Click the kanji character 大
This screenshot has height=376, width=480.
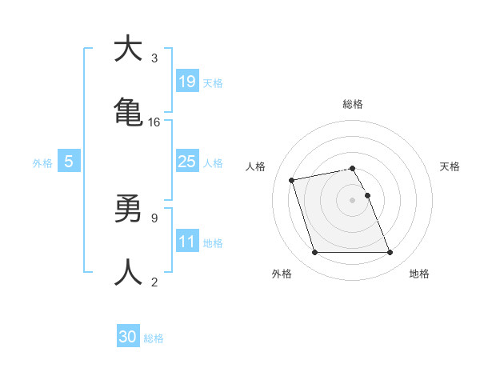coord(128,49)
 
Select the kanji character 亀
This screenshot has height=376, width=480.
coord(128,113)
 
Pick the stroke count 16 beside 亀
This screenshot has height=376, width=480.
coord(154,122)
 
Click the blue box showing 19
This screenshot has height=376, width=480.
coord(186,81)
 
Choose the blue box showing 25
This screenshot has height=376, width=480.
coord(186,161)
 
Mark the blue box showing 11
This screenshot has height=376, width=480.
coord(186,241)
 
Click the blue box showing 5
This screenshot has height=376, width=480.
coord(69,162)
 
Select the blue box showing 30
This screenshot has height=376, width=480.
coord(128,337)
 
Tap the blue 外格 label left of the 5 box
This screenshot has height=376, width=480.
coord(42,163)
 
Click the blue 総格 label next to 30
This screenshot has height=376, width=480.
coord(154,338)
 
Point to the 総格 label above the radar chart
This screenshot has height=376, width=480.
coord(352,104)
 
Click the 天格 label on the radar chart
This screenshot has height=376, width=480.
coord(450,166)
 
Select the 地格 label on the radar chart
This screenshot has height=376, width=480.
coord(419,274)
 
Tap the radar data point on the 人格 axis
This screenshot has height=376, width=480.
coord(292,180)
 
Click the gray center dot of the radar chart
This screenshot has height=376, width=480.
coord(352,199)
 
